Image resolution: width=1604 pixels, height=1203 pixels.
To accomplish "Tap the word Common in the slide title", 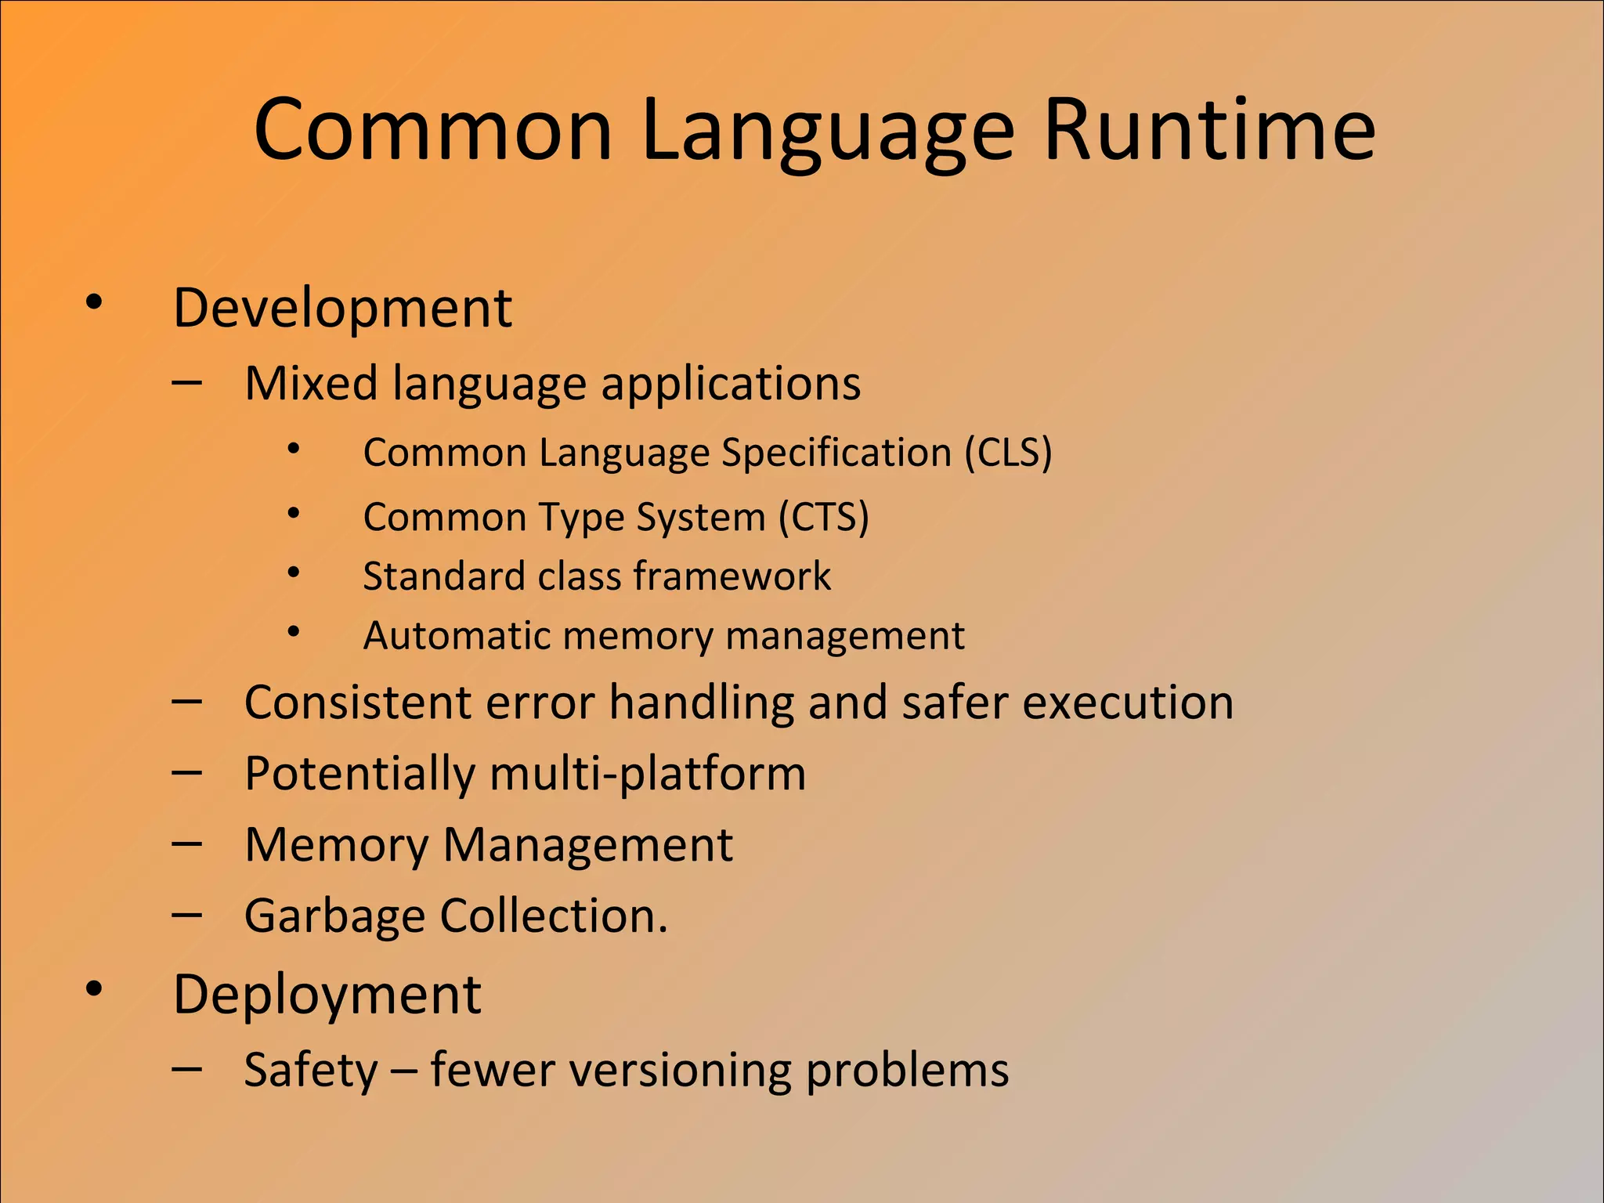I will (x=432, y=129).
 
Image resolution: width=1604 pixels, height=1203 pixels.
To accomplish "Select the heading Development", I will (x=342, y=308).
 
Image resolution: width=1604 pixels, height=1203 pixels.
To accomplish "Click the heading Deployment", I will (x=327, y=995).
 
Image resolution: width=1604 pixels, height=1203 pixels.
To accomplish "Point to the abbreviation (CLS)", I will (x=1008, y=453).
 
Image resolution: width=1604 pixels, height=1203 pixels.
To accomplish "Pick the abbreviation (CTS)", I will (x=824, y=518).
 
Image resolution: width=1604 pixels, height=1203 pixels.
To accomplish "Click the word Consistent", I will (x=358, y=702).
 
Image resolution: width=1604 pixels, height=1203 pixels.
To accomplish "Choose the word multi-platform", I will (x=647, y=775).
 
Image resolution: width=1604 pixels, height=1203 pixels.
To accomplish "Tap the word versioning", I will (x=681, y=1070).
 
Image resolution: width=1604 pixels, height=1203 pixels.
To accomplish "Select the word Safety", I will (x=311, y=1071).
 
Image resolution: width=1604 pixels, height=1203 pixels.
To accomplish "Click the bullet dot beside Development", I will (x=94, y=302).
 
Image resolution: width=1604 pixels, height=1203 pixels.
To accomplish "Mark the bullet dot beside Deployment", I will (x=94, y=989).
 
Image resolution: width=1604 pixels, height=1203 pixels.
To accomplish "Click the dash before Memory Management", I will (x=187, y=844).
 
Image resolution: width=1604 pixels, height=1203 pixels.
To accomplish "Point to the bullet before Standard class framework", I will (x=294, y=573).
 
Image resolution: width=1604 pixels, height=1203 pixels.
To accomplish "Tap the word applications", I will (x=731, y=385).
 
